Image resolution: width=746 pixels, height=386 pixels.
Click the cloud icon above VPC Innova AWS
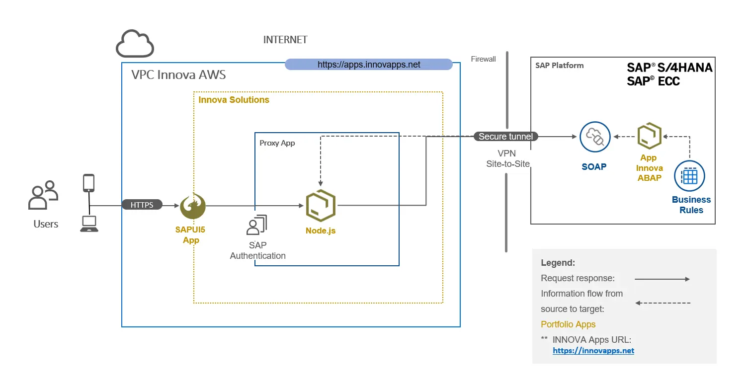coord(135,44)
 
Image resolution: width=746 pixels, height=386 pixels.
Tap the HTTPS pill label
coord(142,205)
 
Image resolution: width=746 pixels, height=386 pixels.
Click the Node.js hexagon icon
coord(321,205)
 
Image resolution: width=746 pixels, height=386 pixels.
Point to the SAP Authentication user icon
coord(256,225)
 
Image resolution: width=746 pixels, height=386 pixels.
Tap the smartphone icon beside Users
coord(89,183)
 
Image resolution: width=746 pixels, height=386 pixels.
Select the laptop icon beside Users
coord(89,224)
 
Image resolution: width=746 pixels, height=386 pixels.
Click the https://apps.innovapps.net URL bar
coord(369,65)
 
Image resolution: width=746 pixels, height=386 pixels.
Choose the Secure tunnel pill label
coord(505,137)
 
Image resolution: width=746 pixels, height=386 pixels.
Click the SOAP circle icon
coord(594,137)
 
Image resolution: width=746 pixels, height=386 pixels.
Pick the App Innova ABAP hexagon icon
coord(650,136)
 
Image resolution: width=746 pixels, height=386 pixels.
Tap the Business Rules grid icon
coord(689,176)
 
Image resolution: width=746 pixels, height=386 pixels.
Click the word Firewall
coord(483,59)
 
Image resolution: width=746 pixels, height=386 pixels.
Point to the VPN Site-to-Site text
coord(507,158)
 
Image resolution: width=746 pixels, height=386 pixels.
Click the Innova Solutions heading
coord(234,100)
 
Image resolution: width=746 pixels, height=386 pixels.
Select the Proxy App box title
coord(277,143)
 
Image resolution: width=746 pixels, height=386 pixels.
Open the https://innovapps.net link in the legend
coord(593,351)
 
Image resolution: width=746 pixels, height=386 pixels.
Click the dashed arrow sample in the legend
coord(663,303)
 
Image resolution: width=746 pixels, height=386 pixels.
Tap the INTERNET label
coord(285,40)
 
